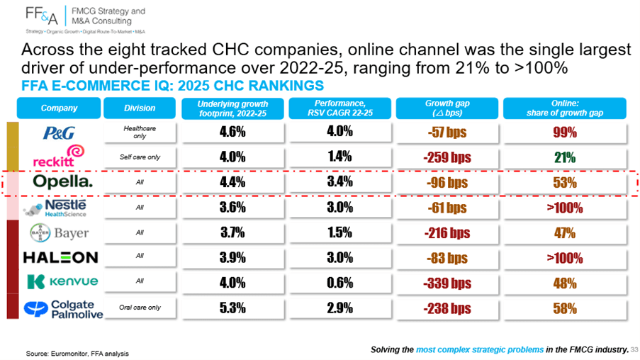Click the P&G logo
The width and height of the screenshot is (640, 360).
click(60, 133)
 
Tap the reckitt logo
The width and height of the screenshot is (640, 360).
click(59, 156)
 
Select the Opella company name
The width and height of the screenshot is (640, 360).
click(63, 181)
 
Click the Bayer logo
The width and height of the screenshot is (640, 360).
click(60, 233)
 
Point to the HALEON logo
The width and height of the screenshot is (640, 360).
click(61, 257)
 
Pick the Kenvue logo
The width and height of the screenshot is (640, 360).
click(62, 281)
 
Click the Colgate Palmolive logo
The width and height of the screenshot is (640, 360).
click(63, 309)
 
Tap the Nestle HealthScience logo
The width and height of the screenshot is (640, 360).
click(55, 208)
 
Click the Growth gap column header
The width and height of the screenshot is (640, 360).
click(447, 108)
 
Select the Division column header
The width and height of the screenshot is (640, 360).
click(140, 108)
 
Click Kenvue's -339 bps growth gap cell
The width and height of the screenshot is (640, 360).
click(447, 283)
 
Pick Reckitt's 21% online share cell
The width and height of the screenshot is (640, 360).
click(565, 157)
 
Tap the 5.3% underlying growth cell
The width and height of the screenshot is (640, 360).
click(232, 308)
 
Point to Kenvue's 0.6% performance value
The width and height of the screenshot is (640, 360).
click(339, 283)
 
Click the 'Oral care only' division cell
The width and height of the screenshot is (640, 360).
click(140, 308)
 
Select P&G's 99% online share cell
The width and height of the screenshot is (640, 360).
click(565, 133)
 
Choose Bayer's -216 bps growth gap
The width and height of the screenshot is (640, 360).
click(447, 232)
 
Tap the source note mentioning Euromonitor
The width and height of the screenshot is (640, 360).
click(77, 354)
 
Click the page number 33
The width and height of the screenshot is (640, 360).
click(634, 350)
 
